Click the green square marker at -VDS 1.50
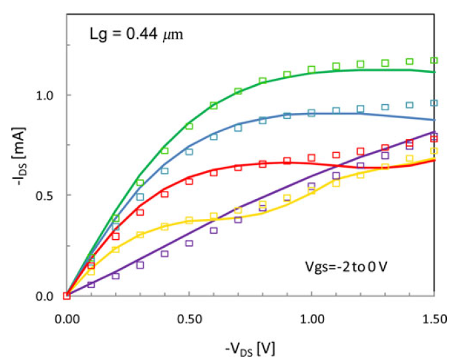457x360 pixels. click(x=434, y=61)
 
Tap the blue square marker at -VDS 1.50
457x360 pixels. click(x=434, y=103)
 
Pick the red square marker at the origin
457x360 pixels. click(x=66, y=295)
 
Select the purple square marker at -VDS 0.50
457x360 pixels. click(x=189, y=243)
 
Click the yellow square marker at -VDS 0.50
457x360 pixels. click(x=189, y=220)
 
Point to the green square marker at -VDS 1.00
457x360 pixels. click(x=311, y=69)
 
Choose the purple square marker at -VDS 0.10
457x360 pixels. click(x=91, y=285)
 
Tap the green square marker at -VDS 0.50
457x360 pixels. click(x=189, y=126)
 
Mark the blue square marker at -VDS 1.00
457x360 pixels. click(x=311, y=113)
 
